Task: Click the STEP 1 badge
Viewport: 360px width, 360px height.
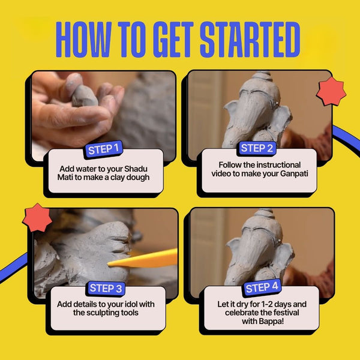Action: point(103,149)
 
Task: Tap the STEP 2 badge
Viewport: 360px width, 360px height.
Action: point(257,148)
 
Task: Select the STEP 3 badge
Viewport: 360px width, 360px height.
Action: point(106,288)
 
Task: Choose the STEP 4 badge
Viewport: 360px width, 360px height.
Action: point(262,287)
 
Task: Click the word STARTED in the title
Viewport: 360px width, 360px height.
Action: point(250,40)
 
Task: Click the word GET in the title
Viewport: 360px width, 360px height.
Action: point(174,40)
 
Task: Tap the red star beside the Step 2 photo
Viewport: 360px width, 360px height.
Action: point(331,91)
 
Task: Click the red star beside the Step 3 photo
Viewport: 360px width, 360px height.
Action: point(37,218)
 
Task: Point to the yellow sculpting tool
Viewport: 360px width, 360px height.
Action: point(143,259)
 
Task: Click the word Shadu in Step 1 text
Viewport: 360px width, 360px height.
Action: point(136,169)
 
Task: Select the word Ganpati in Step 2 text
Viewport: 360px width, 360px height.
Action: point(294,174)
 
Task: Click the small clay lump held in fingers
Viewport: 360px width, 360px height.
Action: point(84,96)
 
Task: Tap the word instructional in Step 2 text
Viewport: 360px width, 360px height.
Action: point(278,165)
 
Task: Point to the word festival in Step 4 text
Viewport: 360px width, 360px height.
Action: point(286,313)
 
